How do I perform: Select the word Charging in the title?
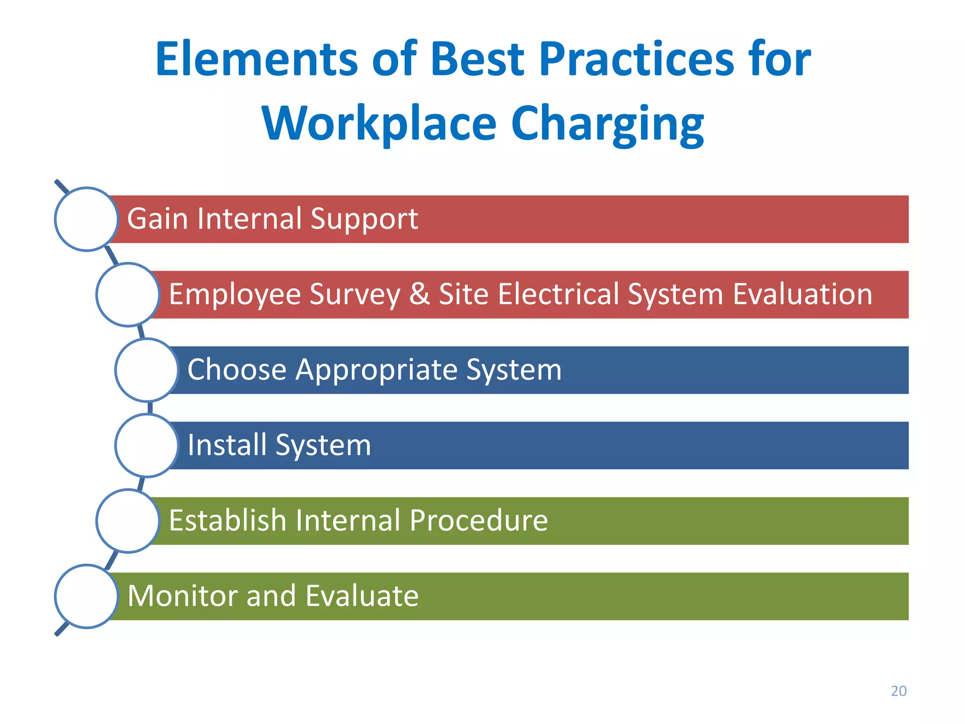click(x=607, y=123)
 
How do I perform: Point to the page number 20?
click(x=898, y=691)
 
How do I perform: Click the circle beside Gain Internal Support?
click(x=86, y=219)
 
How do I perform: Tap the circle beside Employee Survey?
click(x=128, y=295)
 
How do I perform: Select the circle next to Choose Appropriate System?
click(x=147, y=370)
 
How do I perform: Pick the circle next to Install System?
click(x=147, y=445)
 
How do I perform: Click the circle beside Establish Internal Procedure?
click(x=128, y=521)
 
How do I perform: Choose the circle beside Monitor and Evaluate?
click(x=86, y=596)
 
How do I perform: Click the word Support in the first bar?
click(x=364, y=219)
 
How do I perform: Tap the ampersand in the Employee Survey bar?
click(x=419, y=294)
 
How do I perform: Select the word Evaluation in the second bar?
click(x=802, y=294)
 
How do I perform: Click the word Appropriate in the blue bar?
click(x=376, y=370)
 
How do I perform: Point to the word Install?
click(x=227, y=445)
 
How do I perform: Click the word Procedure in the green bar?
click(x=478, y=520)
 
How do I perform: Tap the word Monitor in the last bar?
click(x=182, y=596)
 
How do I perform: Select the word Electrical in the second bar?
click(x=558, y=294)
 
